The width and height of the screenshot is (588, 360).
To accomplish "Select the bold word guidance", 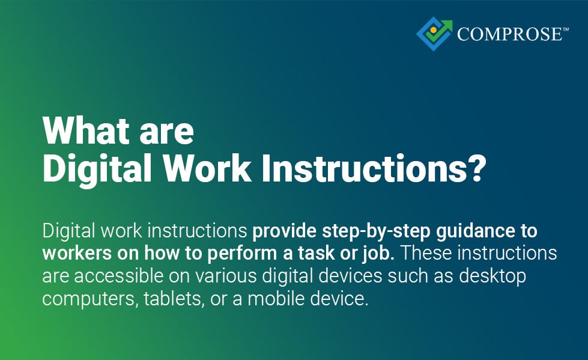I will point(485,231).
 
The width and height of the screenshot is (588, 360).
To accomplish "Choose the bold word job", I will point(377,254).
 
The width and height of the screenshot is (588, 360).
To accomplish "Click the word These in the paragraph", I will point(428,254).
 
